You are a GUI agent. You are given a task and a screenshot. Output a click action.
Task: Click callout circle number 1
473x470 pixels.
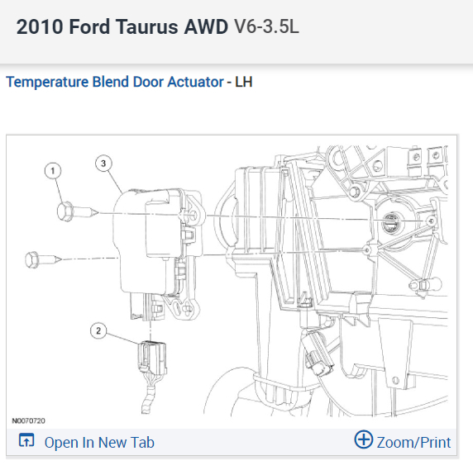coord(53,171)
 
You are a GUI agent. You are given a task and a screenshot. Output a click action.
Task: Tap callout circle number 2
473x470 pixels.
coord(98,330)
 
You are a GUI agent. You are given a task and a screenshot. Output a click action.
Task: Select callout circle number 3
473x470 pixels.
coord(103,164)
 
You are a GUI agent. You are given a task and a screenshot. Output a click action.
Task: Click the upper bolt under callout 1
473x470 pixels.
coord(77,211)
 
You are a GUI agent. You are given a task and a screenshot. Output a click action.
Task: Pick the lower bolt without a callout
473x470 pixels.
coord(43,259)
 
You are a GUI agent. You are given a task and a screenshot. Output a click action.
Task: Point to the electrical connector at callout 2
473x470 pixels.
coord(152,358)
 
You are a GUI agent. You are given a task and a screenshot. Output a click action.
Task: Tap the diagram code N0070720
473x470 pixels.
coord(28,420)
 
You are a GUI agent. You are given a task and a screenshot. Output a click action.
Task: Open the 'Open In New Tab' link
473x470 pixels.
coord(99,443)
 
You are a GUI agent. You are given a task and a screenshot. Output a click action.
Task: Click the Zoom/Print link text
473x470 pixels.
coord(413,443)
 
